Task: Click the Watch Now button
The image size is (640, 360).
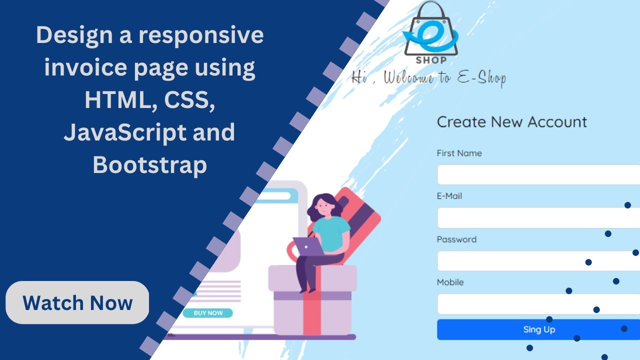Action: click(x=77, y=303)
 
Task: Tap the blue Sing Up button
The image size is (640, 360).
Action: click(x=538, y=329)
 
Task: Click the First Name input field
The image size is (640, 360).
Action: click(x=538, y=175)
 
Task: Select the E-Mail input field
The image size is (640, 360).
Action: click(x=538, y=218)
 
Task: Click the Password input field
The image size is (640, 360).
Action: click(x=538, y=261)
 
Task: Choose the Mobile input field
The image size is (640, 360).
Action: click(x=538, y=304)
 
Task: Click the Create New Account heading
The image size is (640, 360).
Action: click(x=511, y=122)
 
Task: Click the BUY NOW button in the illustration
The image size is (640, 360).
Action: click(x=207, y=313)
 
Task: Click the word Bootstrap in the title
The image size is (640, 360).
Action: click(x=149, y=165)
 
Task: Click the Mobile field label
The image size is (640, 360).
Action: click(x=450, y=282)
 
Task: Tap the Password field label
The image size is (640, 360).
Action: click(x=456, y=239)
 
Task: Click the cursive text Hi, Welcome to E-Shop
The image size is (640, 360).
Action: click(x=428, y=78)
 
